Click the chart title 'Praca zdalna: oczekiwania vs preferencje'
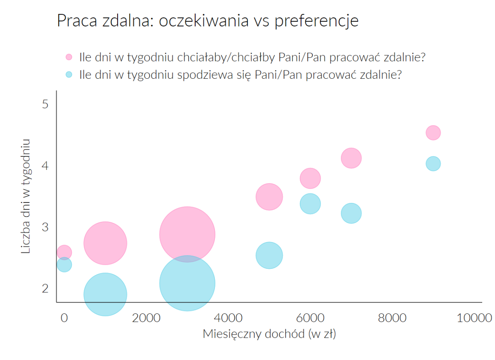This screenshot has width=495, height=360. click(x=207, y=21)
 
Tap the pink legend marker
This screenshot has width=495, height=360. click(x=69, y=57)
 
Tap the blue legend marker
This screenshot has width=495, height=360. click(x=69, y=75)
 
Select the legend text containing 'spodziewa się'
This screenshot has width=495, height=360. click(x=240, y=75)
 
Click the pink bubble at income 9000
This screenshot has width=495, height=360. click(x=433, y=132)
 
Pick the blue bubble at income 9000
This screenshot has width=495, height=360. click(x=433, y=164)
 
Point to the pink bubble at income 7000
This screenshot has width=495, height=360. click(x=351, y=158)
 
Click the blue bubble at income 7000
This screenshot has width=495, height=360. click(x=351, y=213)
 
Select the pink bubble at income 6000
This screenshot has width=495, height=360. click(x=310, y=179)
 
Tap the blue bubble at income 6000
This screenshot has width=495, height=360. click(x=310, y=204)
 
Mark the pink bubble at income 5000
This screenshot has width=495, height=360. click(x=269, y=197)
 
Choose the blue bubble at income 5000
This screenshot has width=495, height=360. click(x=269, y=255)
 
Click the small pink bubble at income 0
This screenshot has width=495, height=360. click(x=64, y=252)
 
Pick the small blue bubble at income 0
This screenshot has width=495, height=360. click(x=64, y=264)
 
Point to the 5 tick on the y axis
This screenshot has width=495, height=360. click(x=45, y=104)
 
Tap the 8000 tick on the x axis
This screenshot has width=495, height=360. click(x=392, y=318)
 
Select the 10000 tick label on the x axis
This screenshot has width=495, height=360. click(x=474, y=318)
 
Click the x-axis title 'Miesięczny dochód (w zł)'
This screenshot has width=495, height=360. click(x=269, y=334)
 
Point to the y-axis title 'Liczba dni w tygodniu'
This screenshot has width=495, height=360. click(x=26, y=196)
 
